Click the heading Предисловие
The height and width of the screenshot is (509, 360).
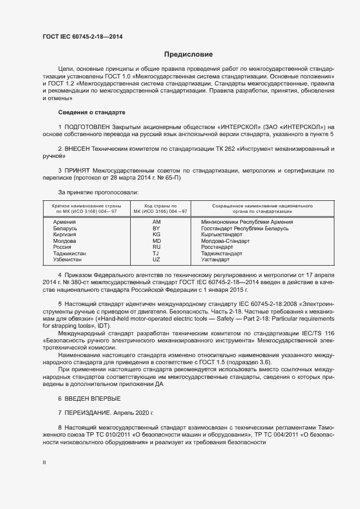188,55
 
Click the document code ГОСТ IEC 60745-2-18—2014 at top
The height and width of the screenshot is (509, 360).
82,36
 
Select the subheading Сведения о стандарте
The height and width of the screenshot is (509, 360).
91,112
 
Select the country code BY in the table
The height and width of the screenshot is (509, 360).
156,228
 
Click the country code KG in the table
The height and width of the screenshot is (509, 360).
156,234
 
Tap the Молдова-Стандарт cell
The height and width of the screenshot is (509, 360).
225,241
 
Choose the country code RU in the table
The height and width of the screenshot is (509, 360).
156,247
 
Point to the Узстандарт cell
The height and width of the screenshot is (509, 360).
216,259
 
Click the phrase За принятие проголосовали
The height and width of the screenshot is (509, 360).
98,192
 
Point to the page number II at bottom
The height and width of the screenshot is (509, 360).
44,463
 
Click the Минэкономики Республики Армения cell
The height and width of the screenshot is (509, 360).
247,222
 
